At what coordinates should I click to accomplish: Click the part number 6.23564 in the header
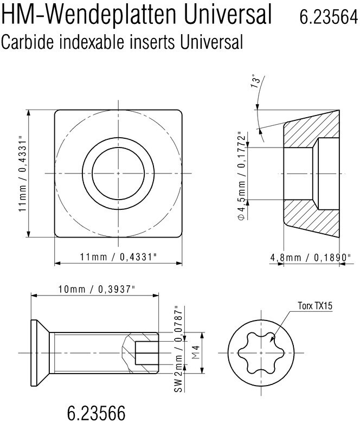(327, 17)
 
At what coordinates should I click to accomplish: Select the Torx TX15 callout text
(314, 306)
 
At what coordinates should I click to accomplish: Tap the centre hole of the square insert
(118, 173)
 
